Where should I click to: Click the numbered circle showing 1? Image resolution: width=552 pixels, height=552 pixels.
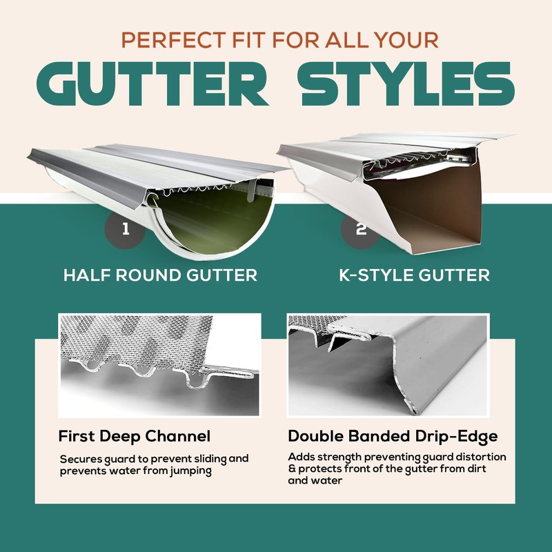click(125, 228)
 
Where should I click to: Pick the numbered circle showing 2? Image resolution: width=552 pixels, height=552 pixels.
click(361, 228)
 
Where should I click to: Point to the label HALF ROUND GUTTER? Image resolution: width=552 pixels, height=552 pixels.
click(160, 275)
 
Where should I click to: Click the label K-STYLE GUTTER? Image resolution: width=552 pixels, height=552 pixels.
click(415, 275)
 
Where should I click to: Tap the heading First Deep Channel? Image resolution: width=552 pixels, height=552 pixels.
click(135, 436)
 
